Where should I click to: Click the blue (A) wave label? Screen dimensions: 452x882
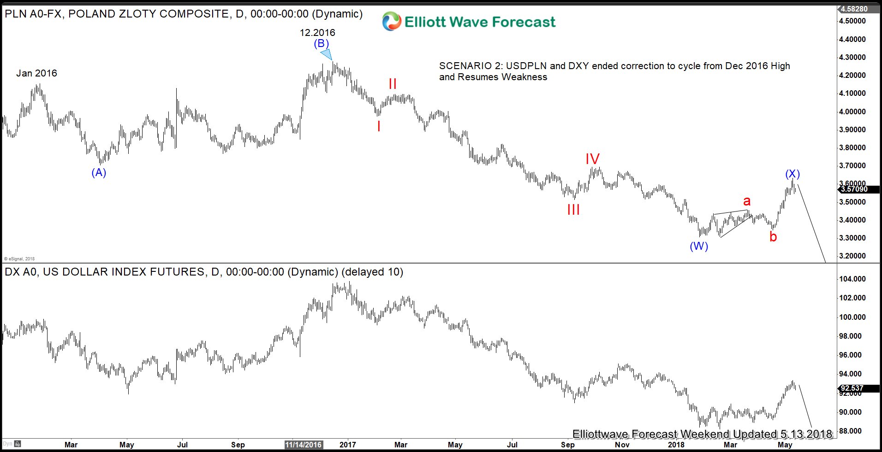pos(99,173)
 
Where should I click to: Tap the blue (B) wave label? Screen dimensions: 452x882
pos(322,44)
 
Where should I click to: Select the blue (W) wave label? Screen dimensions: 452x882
pos(699,246)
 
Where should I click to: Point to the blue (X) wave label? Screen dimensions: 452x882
pos(793,174)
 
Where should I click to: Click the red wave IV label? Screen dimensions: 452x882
pos(592,159)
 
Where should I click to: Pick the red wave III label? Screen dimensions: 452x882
pos(573,210)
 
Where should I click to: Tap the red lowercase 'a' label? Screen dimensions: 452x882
pos(747,201)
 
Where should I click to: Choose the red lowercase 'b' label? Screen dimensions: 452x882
pos(773,237)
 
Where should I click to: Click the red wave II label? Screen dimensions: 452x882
pos(393,84)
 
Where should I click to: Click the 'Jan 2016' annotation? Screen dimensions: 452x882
pos(36,73)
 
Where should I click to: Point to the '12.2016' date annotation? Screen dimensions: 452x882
pos(317,33)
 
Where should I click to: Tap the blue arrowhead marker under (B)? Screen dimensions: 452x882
pos(327,54)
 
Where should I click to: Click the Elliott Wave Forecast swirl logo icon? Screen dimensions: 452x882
pos(392,22)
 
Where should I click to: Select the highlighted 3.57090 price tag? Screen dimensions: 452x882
pos(854,189)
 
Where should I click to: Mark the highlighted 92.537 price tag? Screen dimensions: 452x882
pos(852,388)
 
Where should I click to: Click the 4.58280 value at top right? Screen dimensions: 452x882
pos(854,9)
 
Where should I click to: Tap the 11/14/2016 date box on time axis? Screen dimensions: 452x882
pos(303,445)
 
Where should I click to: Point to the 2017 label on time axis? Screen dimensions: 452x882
pos(347,445)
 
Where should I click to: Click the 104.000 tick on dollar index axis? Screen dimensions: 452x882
pos(852,279)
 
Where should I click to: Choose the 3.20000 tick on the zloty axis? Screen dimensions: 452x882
pos(852,256)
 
